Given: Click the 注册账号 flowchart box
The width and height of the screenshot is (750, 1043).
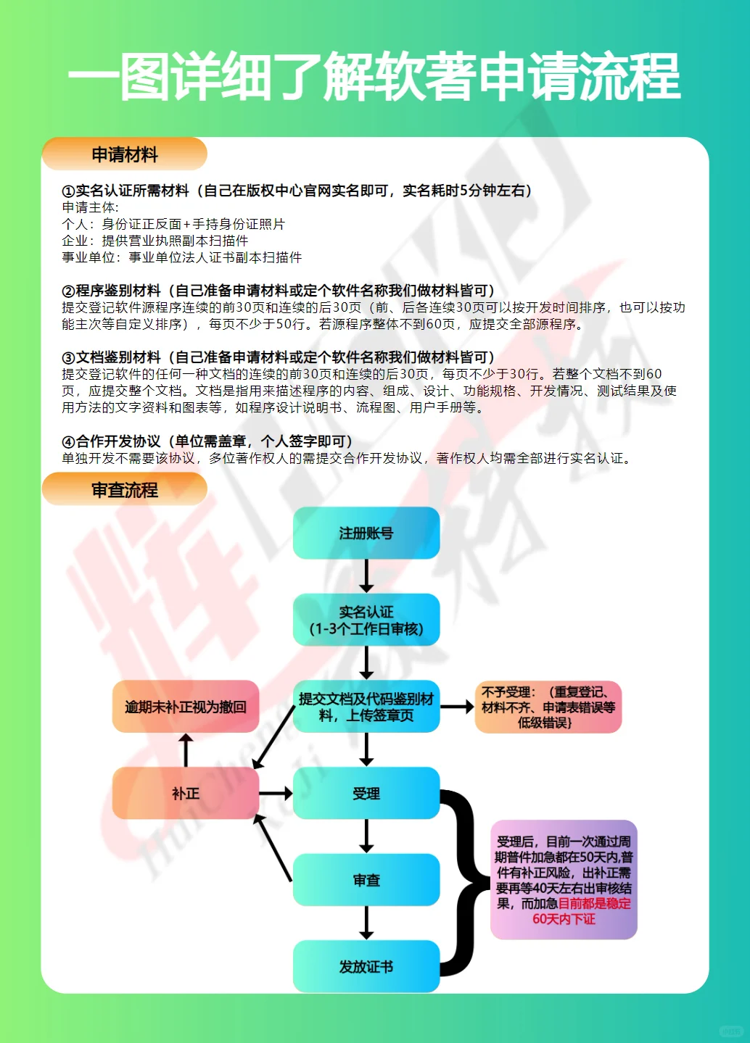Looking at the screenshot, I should pos(366,533).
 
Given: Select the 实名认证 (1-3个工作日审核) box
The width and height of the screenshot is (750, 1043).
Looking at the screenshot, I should pos(366,620).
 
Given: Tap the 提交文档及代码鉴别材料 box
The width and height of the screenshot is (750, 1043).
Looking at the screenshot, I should pos(366,707).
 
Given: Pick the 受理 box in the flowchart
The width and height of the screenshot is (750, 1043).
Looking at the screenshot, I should pos(366,794).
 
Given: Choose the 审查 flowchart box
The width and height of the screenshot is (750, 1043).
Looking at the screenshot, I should pos(366,880).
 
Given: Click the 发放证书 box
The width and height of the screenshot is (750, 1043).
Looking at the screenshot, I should pos(366,966).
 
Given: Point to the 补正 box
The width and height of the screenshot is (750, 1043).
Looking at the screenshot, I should pos(186,794).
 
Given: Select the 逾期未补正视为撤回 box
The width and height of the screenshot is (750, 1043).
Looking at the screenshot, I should pos(186,707).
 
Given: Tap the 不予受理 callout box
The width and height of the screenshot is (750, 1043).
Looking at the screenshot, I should pos(548,707).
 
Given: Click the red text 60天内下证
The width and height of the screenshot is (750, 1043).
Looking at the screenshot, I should pos(564,919).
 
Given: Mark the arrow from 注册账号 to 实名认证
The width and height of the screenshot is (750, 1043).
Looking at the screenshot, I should pos(366,576).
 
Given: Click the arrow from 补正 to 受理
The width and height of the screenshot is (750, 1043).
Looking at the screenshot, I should pos(276,794).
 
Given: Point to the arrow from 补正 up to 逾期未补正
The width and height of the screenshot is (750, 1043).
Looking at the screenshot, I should pos(186,750).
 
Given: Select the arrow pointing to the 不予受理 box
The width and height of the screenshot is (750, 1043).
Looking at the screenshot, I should pos(457,707).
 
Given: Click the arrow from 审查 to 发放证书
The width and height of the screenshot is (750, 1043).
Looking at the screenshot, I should pos(366,923).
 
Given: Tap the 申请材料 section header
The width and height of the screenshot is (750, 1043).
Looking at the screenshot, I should pos(125,154).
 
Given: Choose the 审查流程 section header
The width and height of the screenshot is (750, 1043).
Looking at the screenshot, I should pos(125,490).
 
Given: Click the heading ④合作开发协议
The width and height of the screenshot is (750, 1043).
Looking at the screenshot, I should pos(207,441).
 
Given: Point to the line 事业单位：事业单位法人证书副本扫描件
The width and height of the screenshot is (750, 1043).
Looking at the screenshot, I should pos(182,257).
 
